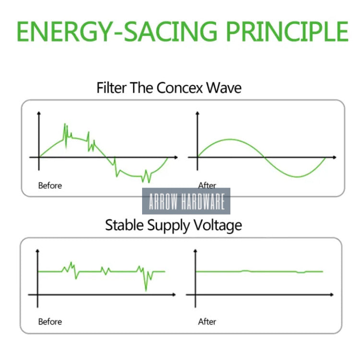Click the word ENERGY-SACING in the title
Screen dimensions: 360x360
coord(117,32)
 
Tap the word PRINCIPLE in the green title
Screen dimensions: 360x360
coord(287,32)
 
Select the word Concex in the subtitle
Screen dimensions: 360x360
coord(180,87)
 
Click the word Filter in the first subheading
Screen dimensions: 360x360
coord(111,87)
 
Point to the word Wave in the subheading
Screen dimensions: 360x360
coord(224,87)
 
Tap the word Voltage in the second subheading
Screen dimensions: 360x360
coord(217,226)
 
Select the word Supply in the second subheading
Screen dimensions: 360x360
coord(168,226)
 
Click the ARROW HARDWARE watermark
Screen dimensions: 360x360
coord(186,201)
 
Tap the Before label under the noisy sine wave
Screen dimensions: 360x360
coord(50,185)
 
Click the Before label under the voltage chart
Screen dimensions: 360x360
coord(50,322)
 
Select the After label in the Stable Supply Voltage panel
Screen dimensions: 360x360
coord(207,322)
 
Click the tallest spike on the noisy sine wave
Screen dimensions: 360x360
coord(65,124)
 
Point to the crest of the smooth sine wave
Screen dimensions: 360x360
coord(230,139)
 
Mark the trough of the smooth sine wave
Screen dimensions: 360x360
coord(297,177)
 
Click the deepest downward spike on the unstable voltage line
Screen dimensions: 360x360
coord(146,291)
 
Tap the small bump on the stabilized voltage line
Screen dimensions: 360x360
coord(245,271)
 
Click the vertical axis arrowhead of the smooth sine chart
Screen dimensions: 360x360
coord(197,113)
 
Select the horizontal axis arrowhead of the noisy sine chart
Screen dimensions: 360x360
coord(176,157)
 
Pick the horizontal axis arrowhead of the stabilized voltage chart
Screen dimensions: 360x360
coord(332,295)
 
